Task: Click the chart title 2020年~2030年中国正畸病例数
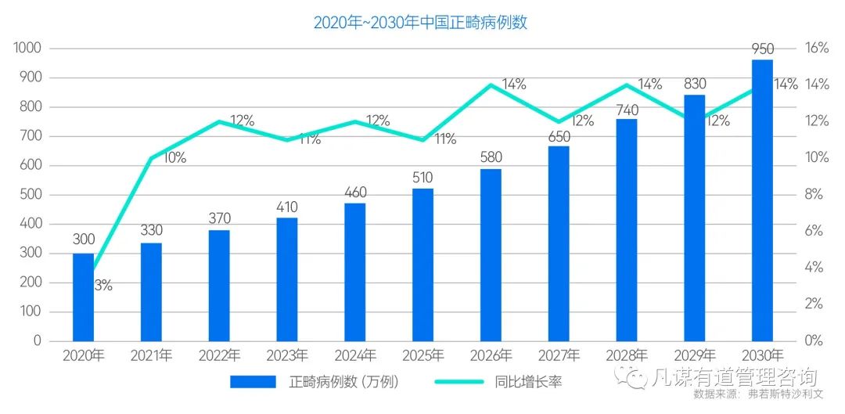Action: (420, 22)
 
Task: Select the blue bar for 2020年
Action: (83, 297)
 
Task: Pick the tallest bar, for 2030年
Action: (762, 200)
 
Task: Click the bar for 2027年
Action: (559, 243)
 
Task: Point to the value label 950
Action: (762, 49)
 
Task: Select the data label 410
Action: (287, 207)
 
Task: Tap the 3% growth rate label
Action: (103, 286)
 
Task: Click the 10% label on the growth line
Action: (174, 158)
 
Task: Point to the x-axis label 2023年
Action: (287, 356)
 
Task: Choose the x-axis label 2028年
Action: (626, 356)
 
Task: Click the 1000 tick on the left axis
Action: (28, 49)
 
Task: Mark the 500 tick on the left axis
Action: (31, 195)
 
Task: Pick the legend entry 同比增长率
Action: (528, 382)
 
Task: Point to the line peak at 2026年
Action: (491, 85)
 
